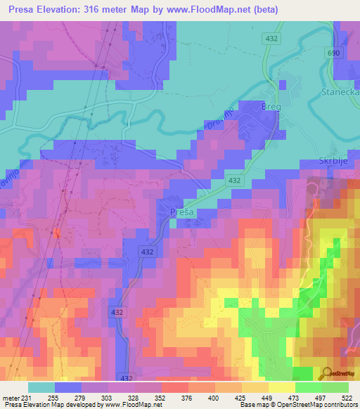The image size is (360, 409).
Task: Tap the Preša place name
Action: point(183,211)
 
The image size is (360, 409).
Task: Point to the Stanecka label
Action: point(340,92)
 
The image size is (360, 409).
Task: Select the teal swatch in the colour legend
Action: point(41,387)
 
